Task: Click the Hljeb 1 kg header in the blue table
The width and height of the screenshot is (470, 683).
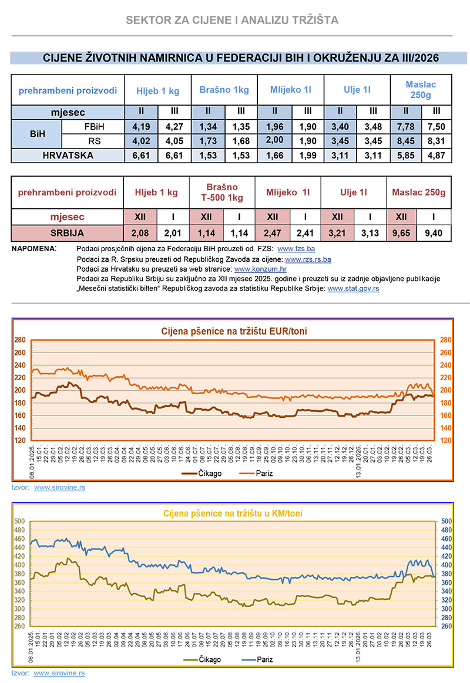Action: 157,90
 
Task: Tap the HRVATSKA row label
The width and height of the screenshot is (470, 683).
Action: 68,155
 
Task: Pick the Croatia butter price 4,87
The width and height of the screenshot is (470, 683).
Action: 435,155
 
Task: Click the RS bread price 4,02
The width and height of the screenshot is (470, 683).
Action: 141,141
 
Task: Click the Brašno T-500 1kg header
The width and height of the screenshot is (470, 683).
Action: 222,192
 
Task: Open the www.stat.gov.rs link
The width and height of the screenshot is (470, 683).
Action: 353,288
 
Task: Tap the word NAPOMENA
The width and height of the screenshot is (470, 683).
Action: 34,249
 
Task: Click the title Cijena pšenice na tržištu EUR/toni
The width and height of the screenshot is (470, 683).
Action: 234,332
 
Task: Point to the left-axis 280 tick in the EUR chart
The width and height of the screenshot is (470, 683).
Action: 21,340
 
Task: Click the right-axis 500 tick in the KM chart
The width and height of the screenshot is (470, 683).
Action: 446,521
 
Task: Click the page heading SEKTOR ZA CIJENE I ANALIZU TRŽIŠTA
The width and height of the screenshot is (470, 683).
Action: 232,21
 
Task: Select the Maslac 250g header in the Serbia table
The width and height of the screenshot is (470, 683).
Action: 419,192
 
